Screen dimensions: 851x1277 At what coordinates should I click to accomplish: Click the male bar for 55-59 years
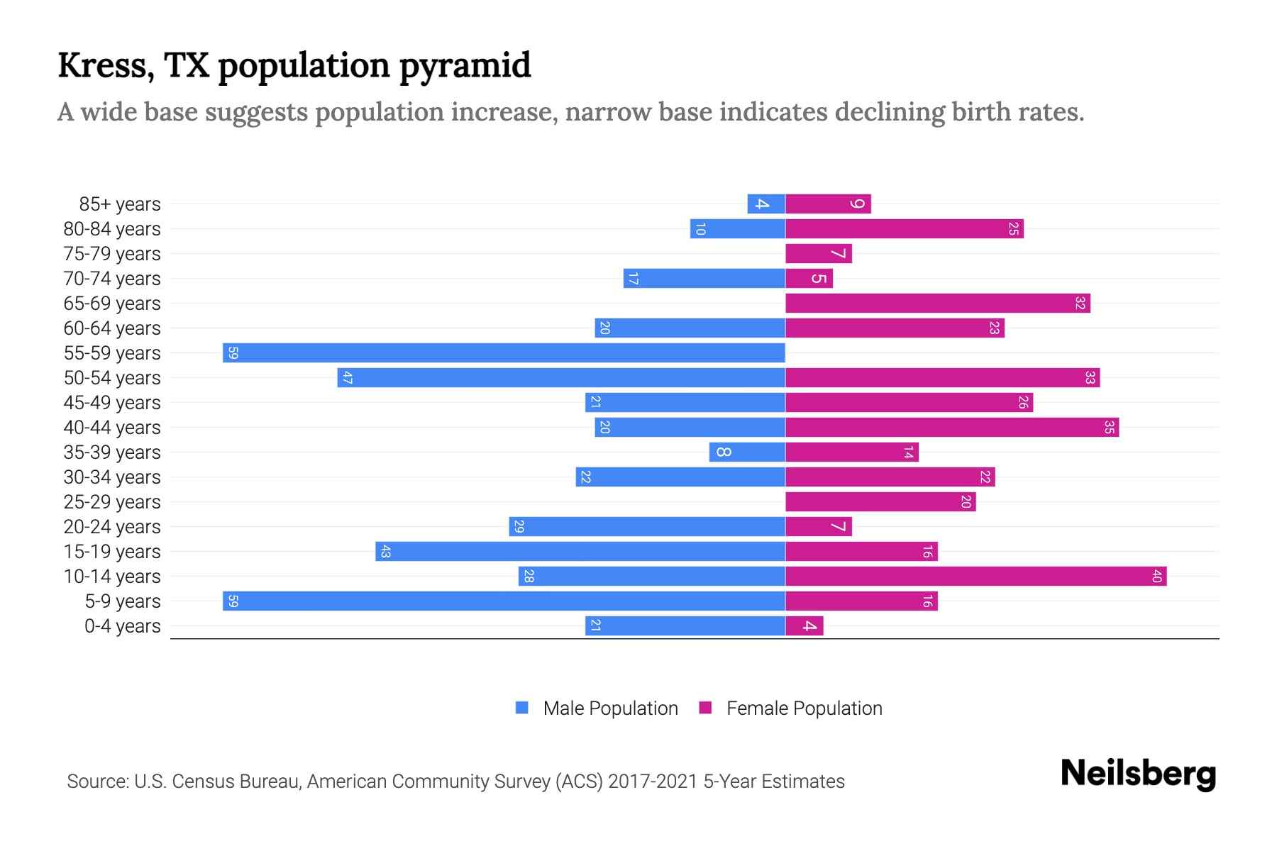coord(504,352)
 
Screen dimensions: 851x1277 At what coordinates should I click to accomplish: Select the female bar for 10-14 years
coord(975,576)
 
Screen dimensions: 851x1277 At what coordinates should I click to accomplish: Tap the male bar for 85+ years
coord(766,204)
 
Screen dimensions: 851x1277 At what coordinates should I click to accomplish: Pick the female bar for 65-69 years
coord(937,303)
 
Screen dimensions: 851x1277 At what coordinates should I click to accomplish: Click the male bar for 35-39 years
coord(747,452)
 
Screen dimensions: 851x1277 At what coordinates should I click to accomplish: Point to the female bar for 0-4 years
coord(805,625)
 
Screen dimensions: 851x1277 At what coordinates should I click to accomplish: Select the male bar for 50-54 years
coord(561,377)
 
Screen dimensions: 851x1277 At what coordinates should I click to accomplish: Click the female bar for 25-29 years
coord(880,501)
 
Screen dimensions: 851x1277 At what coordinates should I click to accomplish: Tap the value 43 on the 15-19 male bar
coord(385,551)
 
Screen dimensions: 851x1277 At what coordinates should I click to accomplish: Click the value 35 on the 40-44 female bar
coord(1109,427)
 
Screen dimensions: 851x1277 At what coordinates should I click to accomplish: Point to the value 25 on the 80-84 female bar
coord(1014,228)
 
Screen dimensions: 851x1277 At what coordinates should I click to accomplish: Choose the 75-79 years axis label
coord(112,253)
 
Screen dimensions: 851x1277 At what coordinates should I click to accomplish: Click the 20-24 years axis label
coord(112,526)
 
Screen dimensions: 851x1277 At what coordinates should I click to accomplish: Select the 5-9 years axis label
coord(122,601)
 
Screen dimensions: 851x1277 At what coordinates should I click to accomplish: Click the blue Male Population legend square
coord(522,708)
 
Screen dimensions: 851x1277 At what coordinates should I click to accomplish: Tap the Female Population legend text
coord(804,708)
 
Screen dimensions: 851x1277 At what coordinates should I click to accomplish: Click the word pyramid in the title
coord(465,65)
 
